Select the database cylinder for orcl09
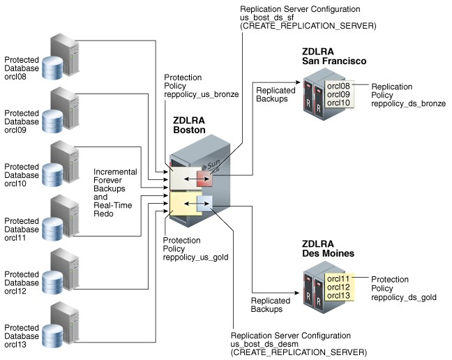(54, 121)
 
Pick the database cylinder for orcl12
(54, 283)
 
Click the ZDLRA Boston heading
(188, 126)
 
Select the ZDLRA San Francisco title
(334, 57)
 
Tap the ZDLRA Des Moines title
(328, 248)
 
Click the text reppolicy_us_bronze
(201, 93)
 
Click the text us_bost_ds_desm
(268, 344)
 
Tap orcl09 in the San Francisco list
(339, 94)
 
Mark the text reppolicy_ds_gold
(403, 297)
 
